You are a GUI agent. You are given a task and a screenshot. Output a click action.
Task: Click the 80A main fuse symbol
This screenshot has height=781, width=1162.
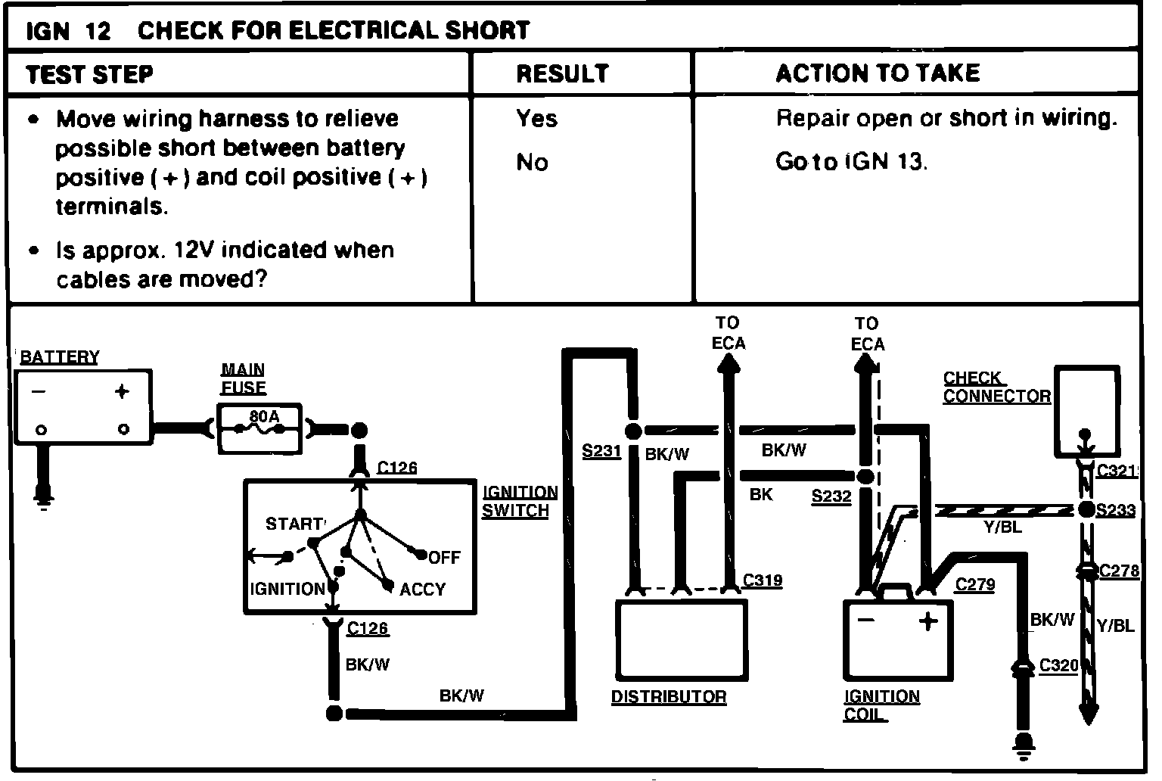(x=259, y=428)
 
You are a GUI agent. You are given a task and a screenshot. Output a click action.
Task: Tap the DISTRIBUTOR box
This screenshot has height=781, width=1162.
(x=682, y=639)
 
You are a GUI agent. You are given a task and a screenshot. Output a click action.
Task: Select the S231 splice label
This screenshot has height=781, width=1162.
(x=601, y=452)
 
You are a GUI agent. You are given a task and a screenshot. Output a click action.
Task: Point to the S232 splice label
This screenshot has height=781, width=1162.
(x=831, y=496)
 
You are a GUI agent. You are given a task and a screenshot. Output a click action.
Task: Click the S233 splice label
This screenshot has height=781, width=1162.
(x=1116, y=511)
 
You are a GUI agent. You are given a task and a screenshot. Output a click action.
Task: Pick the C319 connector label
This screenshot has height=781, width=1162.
(x=762, y=580)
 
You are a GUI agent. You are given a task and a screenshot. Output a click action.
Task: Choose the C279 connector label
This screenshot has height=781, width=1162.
(x=974, y=584)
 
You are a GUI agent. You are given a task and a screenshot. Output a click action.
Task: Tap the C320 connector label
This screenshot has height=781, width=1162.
(x=1058, y=665)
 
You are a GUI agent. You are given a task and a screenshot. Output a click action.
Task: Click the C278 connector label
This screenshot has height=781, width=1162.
(x=1119, y=571)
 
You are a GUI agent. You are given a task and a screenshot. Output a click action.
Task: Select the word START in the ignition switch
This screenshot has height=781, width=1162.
(x=294, y=524)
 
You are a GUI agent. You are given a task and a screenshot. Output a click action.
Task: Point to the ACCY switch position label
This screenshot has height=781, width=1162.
(x=422, y=589)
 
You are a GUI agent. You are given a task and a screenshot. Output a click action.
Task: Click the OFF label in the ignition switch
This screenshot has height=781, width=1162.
(x=444, y=558)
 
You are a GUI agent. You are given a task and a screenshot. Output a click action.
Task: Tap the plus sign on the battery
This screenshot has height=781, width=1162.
(x=122, y=391)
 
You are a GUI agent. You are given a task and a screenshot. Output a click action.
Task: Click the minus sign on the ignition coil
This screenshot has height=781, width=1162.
(x=866, y=621)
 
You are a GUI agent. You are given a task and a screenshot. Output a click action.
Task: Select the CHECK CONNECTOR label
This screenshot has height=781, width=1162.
(x=996, y=387)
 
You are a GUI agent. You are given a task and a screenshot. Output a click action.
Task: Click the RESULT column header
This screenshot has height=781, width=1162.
(x=562, y=73)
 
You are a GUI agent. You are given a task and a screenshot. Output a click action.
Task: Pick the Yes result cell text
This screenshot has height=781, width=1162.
(x=536, y=118)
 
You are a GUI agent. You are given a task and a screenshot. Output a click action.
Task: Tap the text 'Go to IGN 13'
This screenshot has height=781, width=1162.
(x=850, y=162)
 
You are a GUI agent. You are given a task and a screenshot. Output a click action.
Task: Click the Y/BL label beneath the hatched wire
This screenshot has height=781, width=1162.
(x=1002, y=527)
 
